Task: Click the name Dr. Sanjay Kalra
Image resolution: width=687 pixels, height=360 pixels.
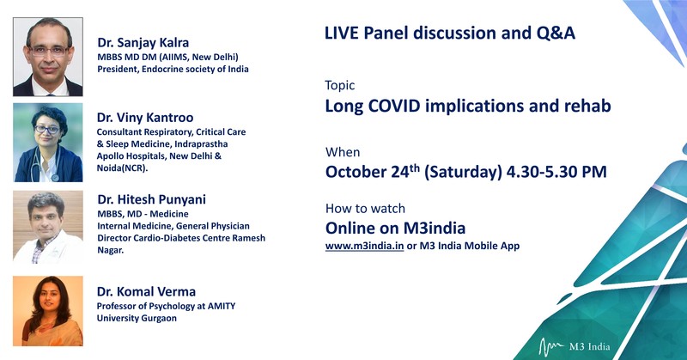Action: tap(143, 43)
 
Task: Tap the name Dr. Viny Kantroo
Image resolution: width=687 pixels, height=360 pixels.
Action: tap(145, 118)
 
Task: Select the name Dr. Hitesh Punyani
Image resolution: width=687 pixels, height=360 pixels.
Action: tap(152, 199)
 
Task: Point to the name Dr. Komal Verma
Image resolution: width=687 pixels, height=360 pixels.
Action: tap(146, 291)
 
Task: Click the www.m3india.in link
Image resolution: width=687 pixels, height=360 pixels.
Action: tap(364, 246)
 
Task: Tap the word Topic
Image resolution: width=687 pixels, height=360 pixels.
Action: tap(339, 86)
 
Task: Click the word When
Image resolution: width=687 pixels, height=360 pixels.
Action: tap(343, 152)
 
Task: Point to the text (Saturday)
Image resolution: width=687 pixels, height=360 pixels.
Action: tap(463, 172)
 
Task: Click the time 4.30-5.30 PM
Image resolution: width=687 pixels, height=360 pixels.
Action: tap(556, 172)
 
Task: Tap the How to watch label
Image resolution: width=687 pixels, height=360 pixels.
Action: tap(365, 209)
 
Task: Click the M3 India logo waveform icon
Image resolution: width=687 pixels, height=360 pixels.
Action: tap(551, 347)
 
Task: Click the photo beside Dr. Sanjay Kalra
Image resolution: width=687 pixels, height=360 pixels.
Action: tap(48, 57)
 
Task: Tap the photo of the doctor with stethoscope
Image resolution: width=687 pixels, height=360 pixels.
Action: tap(48, 143)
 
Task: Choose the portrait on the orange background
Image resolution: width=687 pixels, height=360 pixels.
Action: tap(48, 311)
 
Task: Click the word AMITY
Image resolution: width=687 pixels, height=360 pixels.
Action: tap(221, 306)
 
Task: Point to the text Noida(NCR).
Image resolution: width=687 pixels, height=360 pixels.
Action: tap(122, 168)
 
